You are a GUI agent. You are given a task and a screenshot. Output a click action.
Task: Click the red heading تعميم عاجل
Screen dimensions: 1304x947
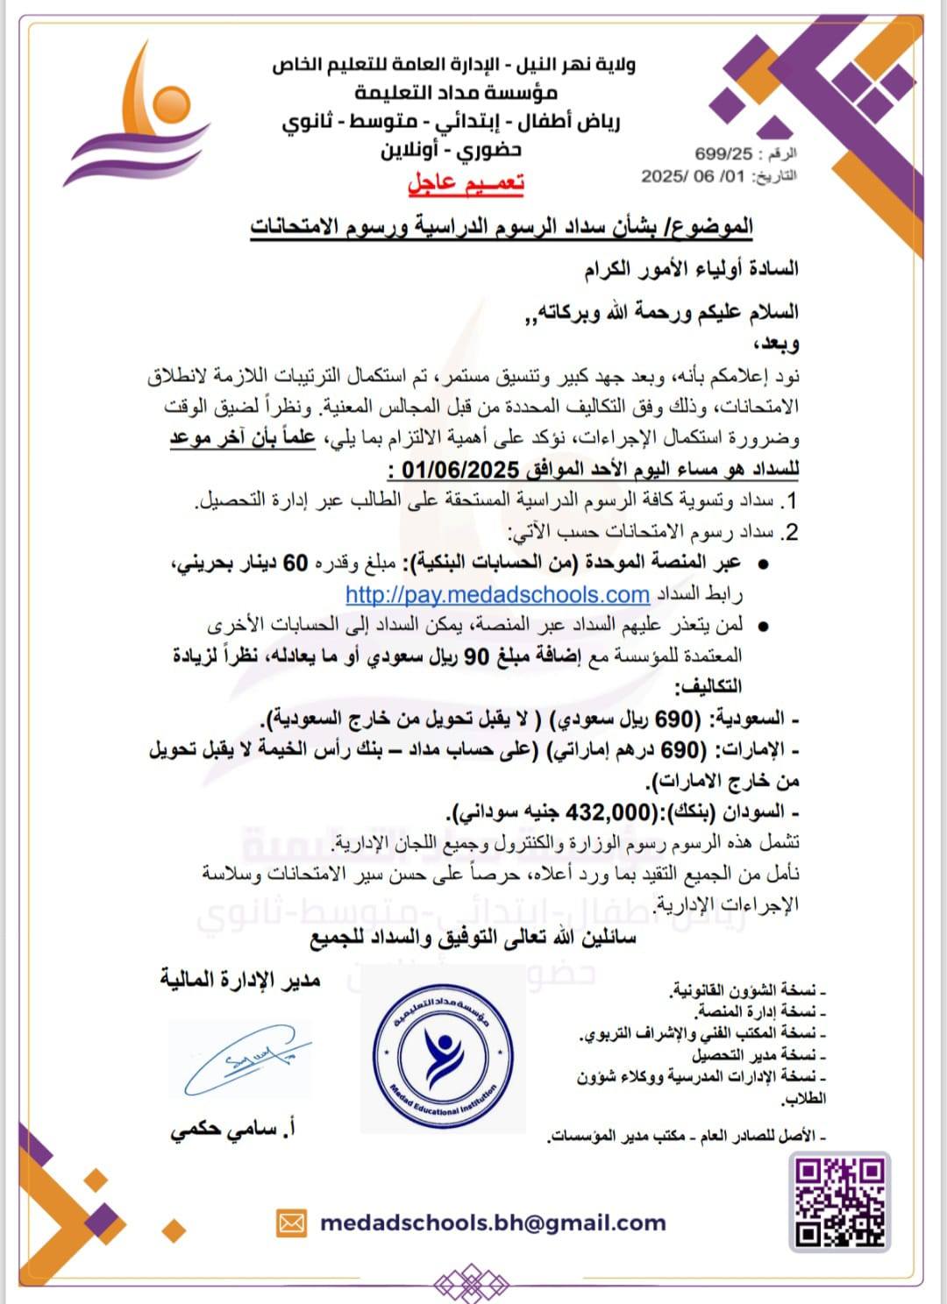(466, 183)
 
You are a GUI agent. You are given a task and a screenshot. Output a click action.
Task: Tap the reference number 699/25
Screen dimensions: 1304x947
(723, 153)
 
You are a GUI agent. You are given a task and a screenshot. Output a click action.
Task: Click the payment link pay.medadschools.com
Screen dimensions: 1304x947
(497, 595)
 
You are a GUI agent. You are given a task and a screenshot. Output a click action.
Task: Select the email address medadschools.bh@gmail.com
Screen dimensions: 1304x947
(493, 1222)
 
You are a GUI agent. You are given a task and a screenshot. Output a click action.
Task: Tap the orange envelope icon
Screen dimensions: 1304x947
(292, 1222)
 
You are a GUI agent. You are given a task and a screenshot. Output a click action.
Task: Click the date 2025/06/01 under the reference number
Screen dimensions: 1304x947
(693, 176)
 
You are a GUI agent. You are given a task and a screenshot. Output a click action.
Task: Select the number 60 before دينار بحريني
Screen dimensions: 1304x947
(295, 563)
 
